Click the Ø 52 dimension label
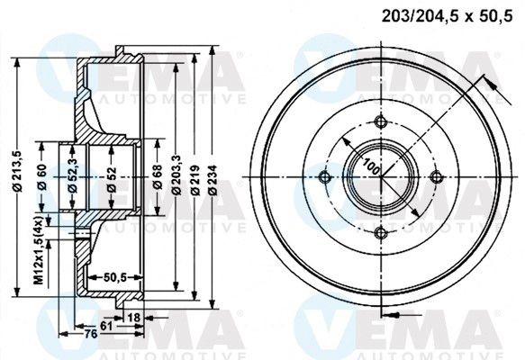pos(110,176)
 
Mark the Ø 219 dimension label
pos(192,176)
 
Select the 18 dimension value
pos(134,318)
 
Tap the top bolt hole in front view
pos(380,123)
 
